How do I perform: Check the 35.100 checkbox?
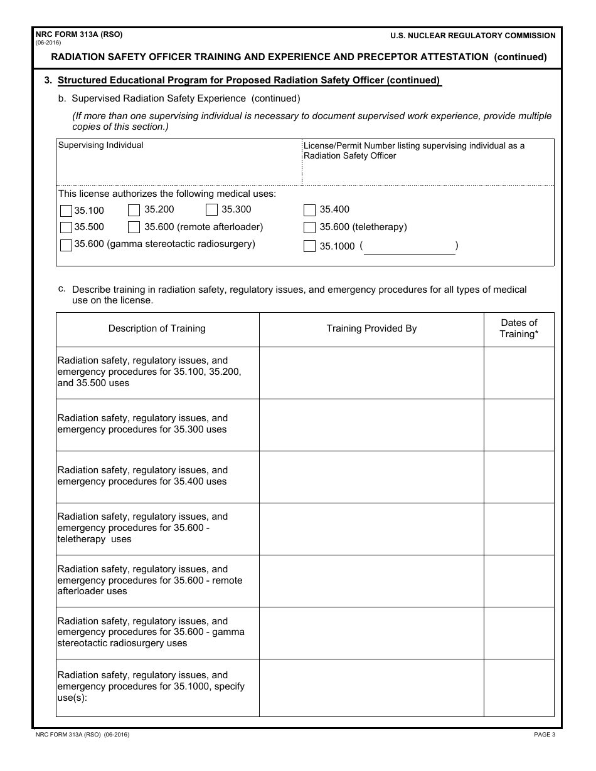pyautogui.click(x=66, y=211)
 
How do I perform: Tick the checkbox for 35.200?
pyautogui.click(x=134, y=210)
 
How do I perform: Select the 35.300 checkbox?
pyautogui.click(x=211, y=210)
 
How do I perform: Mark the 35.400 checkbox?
pyautogui.click(x=309, y=210)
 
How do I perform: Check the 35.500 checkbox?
pyautogui.click(x=66, y=228)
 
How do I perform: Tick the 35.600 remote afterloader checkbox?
pyautogui.click(x=134, y=228)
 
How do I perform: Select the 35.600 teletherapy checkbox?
pyautogui.click(x=309, y=228)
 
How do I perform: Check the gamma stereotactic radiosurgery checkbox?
pyautogui.click(x=66, y=245)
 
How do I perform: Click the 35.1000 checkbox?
pyautogui.click(x=309, y=246)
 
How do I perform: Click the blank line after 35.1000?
pyautogui.click(x=409, y=248)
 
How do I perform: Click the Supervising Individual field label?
pyautogui.click(x=100, y=145)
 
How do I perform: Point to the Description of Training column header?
pyautogui.click(x=157, y=328)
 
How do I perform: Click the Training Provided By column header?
pyautogui.click(x=371, y=328)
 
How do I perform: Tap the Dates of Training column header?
pyautogui.click(x=519, y=328)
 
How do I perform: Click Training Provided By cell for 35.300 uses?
pyautogui.click(x=371, y=424)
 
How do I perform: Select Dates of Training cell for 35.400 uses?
pyautogui.click(x=519, y=476)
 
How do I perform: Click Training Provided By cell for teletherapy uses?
pyautogui.click(x=371, y=528)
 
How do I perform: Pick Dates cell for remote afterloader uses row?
pyautogui.click(x=519, y=580)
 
